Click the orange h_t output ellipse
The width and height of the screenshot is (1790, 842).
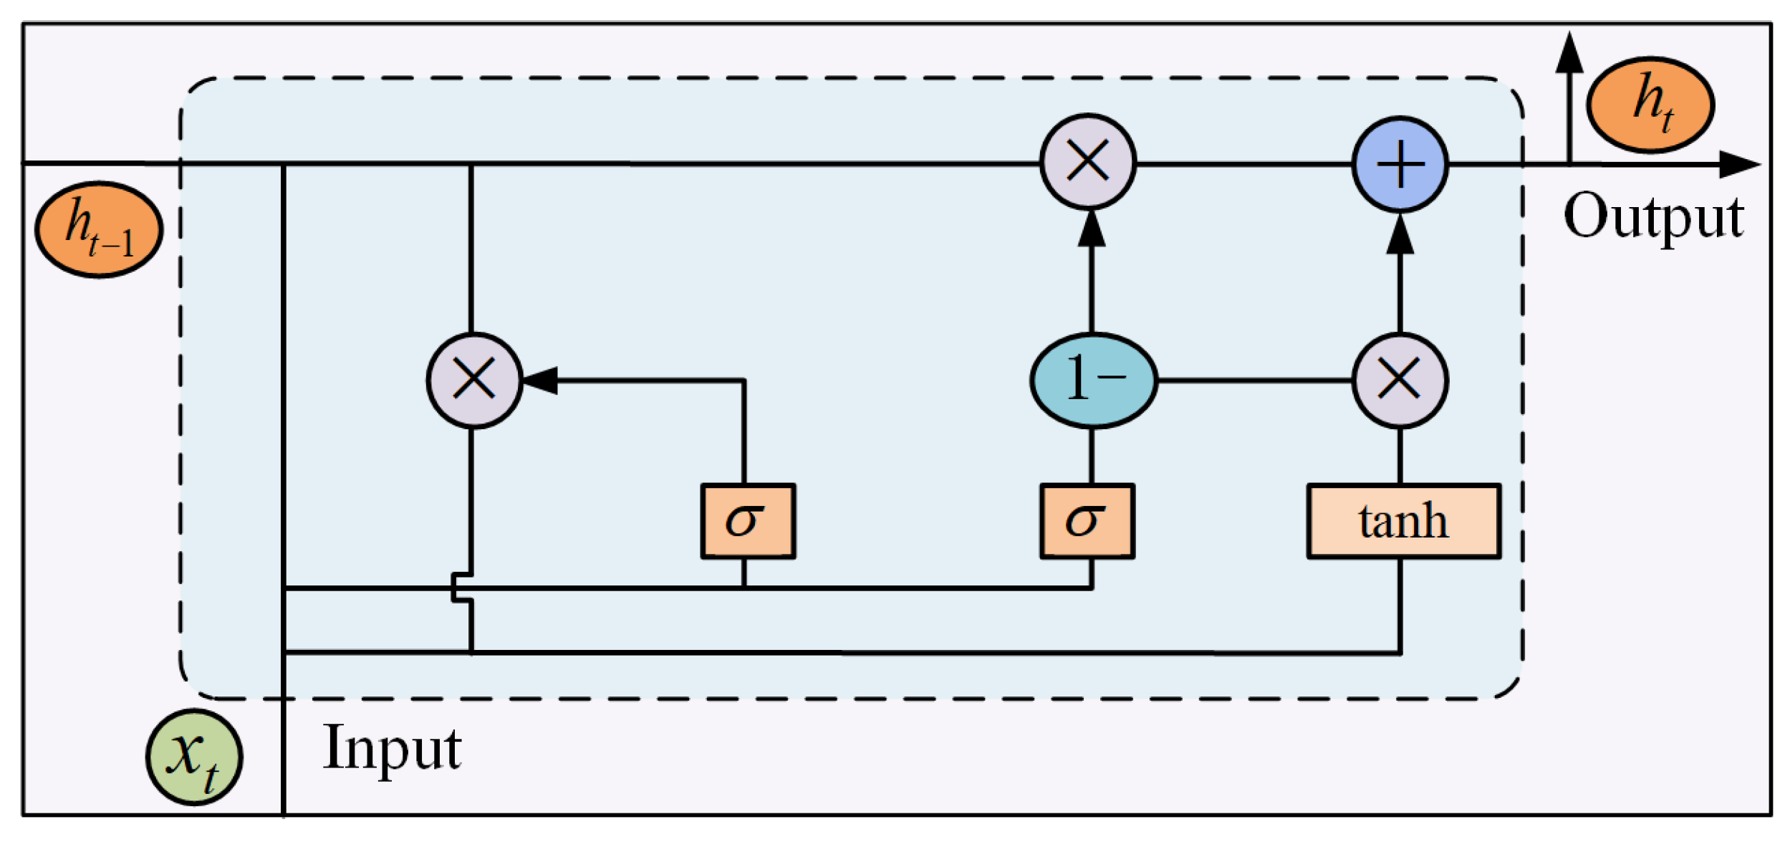click(1650, 105)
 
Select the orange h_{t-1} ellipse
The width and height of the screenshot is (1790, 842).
click(99, 229)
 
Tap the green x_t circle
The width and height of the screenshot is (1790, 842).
click(194, 757)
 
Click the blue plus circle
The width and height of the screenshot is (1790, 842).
click(1400, 164)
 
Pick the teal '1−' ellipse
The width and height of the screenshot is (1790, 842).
click(1093, 381)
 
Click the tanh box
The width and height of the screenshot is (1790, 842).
click(1403, 521)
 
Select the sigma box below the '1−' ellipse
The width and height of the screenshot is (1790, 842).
click(1087, 521)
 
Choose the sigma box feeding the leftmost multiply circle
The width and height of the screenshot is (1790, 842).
click(748, 521)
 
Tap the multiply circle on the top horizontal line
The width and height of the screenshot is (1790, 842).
click(1087, 161)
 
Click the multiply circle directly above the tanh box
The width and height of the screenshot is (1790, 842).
click(1400, 381)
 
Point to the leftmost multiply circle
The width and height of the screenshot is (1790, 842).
click(473, 381)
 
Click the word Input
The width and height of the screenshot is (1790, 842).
click(391, 749)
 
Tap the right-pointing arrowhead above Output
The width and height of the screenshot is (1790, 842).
click(1739, 165)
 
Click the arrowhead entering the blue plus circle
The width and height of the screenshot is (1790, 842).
click(1400, 235)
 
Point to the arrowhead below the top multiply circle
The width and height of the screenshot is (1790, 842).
click(1091, 229)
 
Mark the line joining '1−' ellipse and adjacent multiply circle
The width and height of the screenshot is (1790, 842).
click(1254, 381)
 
